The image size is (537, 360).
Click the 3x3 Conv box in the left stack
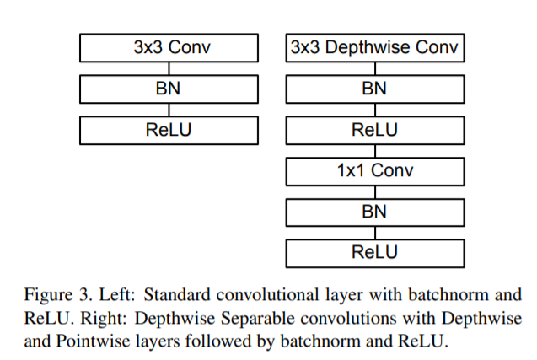click(169, 47)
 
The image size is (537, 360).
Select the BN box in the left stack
click(169, 89)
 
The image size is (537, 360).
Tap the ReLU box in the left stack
click(169, 130)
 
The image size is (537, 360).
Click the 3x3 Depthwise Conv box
click(375, 47)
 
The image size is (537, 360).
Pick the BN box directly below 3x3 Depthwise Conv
click(375, 89)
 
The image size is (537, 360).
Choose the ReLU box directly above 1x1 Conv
click(375, 130)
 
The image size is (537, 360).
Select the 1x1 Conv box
click(375, 171)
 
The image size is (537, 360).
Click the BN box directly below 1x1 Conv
click(375, 212)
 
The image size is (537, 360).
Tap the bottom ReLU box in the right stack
click(375, 254)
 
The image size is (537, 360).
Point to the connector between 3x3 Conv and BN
click(169, 68)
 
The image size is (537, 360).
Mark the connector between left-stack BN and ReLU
click(169, 110)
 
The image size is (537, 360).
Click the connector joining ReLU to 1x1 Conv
click(375, 151)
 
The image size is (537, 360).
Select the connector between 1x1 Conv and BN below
click(375, 192)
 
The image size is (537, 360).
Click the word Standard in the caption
click(177, 295)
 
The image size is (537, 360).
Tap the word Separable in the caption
click(258, 319)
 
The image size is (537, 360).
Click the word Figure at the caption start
click(48, 295)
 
